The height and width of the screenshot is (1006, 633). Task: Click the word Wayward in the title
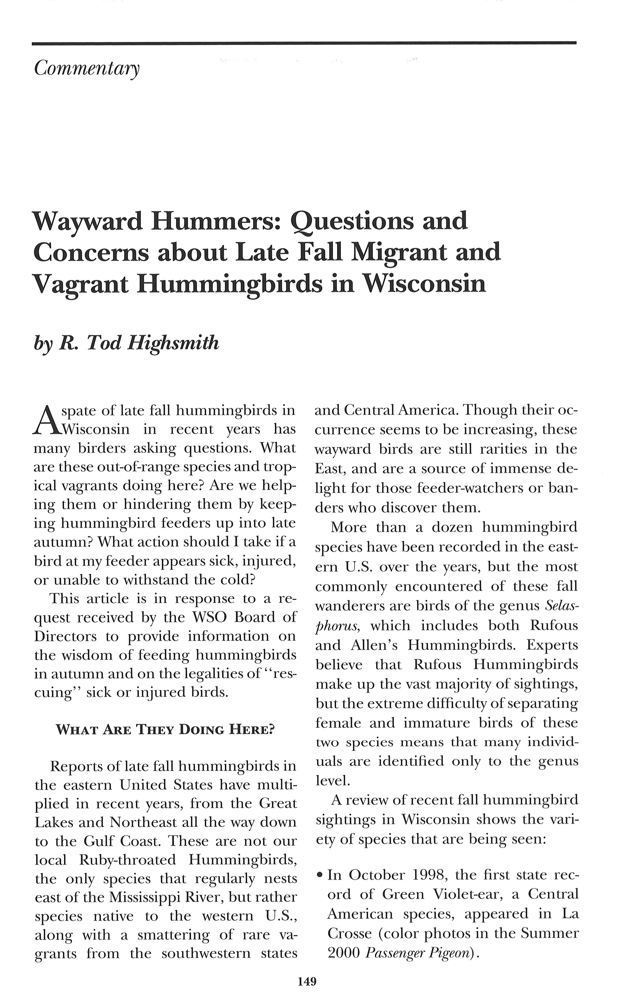point(86,222)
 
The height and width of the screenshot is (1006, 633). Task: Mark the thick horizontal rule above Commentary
point(304,43)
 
